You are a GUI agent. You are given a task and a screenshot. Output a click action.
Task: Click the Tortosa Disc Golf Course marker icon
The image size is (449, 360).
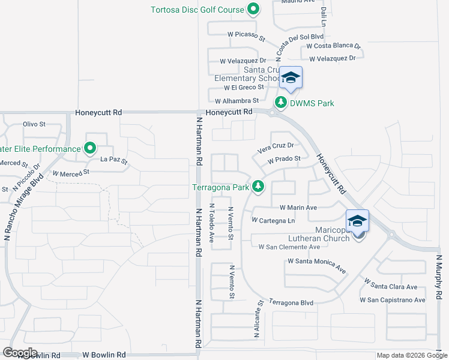coord(253,10)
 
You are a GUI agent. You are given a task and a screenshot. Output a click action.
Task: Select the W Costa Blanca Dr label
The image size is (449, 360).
coord(333,46)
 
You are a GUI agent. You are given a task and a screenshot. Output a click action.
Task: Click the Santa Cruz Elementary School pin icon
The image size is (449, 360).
coord(291,79)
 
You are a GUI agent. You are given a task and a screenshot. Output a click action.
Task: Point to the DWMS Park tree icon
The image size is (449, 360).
coord(280,103)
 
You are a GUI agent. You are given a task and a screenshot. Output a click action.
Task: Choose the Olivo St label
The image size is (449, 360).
coord(34,124)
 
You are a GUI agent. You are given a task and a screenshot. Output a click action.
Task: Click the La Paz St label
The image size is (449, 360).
coord(114,160)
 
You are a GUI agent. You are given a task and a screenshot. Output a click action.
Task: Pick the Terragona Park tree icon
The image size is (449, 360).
coord(258,187)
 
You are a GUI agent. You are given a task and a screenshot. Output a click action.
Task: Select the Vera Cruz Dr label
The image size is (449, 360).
coord(275,146)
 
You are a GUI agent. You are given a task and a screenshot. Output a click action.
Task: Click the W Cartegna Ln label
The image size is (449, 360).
coord(274,221)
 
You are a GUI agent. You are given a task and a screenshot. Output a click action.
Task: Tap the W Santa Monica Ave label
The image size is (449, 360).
coord(317,265)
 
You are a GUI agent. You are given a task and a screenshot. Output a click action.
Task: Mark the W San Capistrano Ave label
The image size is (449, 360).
coord(393,300)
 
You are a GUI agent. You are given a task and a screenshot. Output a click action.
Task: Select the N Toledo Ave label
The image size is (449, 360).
coord(211,223)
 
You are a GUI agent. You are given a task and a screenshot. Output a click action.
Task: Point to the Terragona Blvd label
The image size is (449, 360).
coord(291,303)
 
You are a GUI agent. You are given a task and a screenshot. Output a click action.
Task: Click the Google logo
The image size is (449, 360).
coord(20,353)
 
